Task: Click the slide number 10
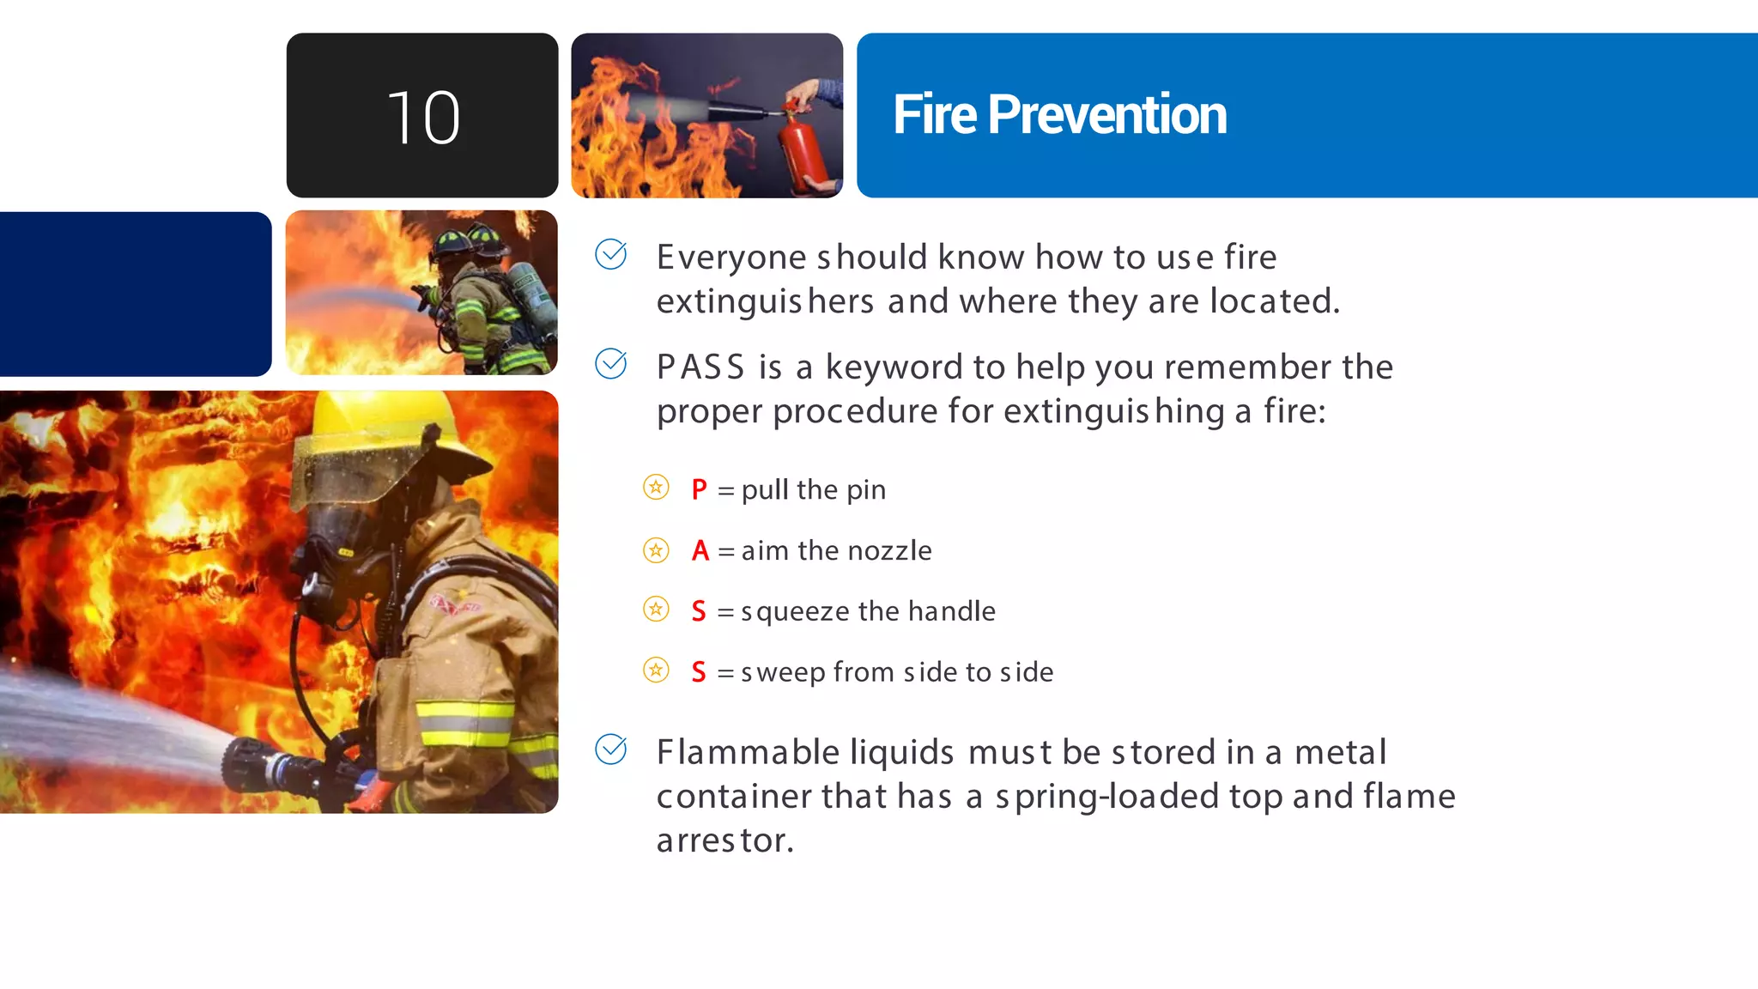click(x=423, y=118)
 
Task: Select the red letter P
click(x=699, y=490)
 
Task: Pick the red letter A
click(x=700, y=550)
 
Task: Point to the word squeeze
click(x=795, y=611)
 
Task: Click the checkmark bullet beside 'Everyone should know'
click(x=611, y=254)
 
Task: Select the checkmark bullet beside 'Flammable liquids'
click(x=611, y=749)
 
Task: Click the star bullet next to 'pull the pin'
click(x=656, y=488)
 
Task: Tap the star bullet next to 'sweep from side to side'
click(x=656, y=670)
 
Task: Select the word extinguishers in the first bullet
click(x=765, y=302)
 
